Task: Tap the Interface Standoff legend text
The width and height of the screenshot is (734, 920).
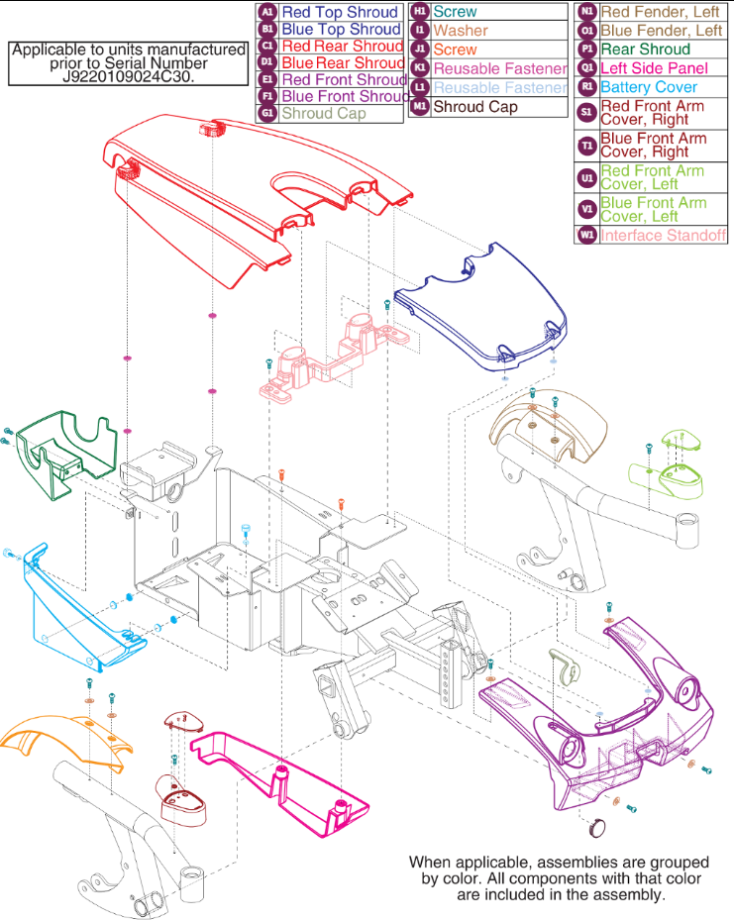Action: (x=664, y=236)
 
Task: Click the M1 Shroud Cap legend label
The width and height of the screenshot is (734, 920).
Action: (x=475, y=106)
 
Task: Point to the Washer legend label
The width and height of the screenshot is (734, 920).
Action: (x=461, y=31)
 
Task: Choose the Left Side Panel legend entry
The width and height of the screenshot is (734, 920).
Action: (x=654, y=68)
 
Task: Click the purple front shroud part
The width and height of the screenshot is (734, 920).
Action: (x=614, y=713)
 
